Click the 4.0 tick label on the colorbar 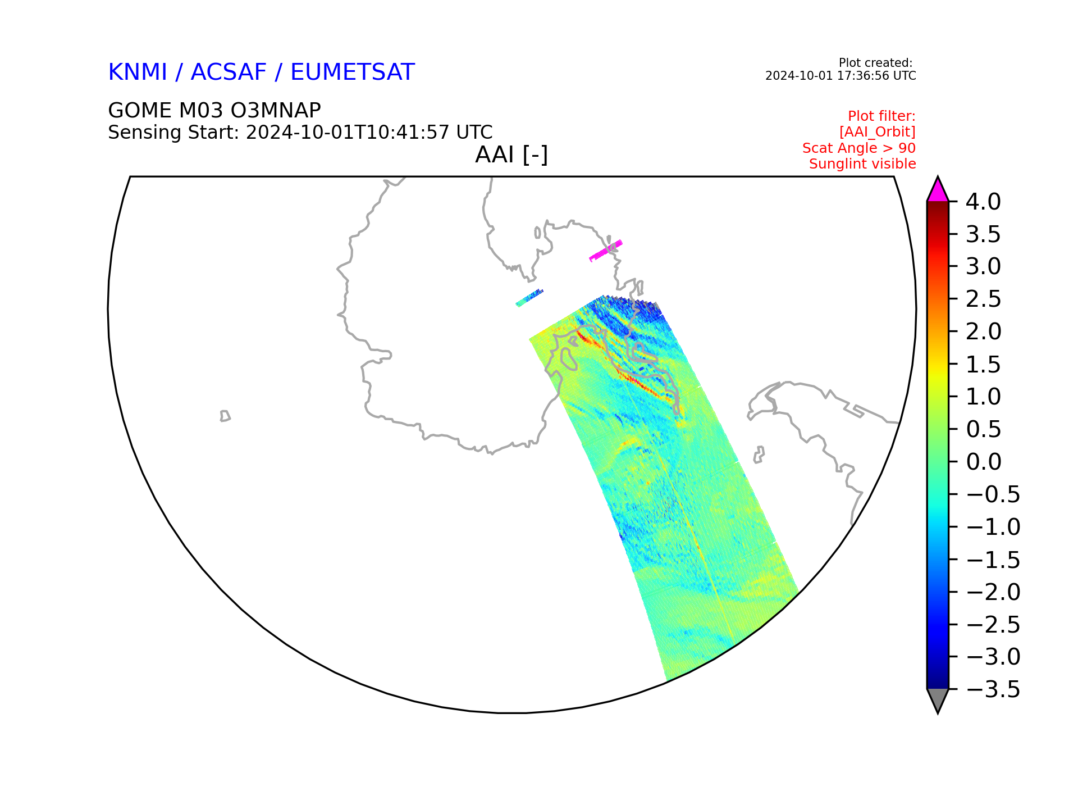[x=983, y=202]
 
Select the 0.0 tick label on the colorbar [x=984, y=462]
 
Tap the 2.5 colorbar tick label [x=984, y=299]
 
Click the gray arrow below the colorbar [x=938, y=700]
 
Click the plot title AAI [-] [x=511, y=154]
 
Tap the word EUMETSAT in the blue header [x=353, y=72]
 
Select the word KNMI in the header [x=138, y=72]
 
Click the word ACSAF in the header [x=229, y=72]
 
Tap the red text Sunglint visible [x=862, y=164]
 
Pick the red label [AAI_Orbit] [x=878, y=131]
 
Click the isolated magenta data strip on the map [x=606, y=251]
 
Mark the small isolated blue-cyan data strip [x=529, y=298]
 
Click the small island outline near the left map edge [x=225, y=416]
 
